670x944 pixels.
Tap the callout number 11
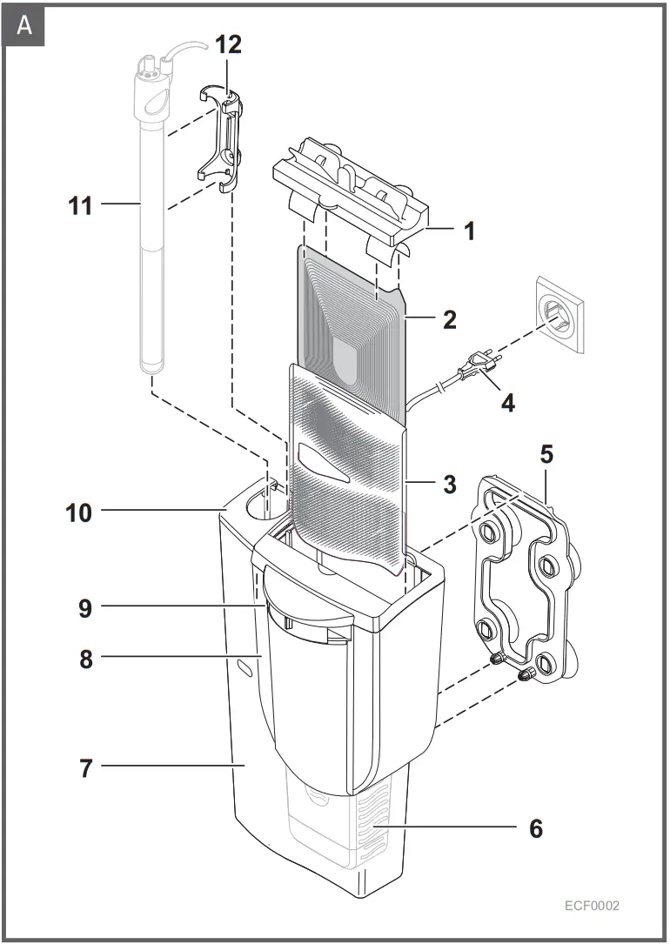coord(81,205)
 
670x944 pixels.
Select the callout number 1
coord(468,231)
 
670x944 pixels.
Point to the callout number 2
coord(449,318)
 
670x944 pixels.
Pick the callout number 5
coord(546,454)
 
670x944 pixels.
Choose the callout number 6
coord(535,828)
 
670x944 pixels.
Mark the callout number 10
coord(79,512)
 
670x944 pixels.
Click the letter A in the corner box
coord(24,25)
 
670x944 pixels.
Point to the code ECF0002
coord(592,906)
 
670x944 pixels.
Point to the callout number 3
coord(449,485)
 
